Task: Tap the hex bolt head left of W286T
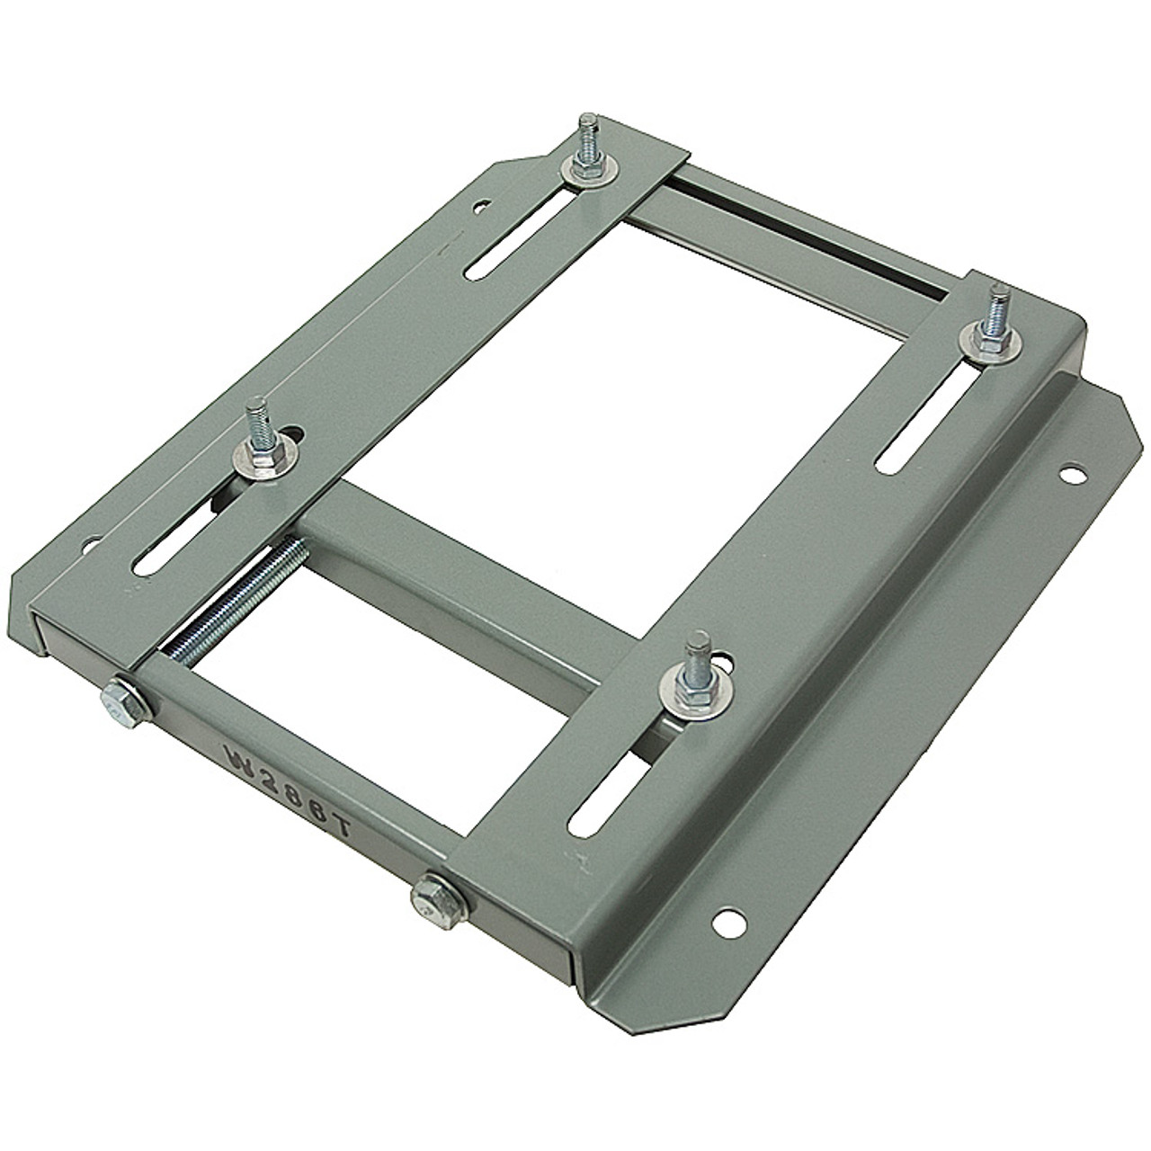[123, 698]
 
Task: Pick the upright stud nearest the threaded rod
[254, 419]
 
